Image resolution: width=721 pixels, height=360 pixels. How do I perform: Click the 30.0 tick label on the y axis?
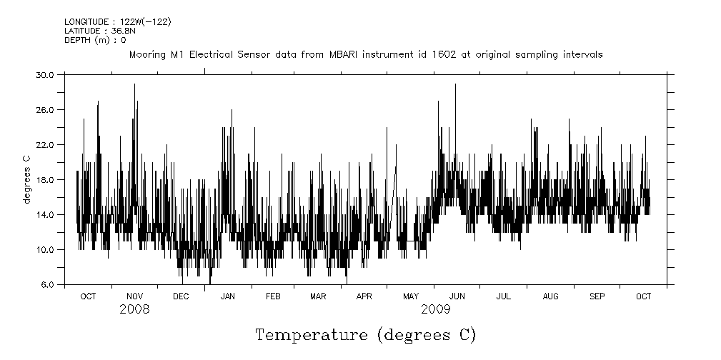[46, 74]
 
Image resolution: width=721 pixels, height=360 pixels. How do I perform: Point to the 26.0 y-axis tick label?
[46, 109]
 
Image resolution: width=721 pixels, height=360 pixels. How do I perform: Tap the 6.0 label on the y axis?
[48, 284]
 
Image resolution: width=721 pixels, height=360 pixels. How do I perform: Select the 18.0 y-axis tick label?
[46, 179]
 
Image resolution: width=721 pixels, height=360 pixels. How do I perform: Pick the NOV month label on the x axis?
[134, 296]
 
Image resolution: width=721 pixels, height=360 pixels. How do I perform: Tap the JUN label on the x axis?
[457, 296]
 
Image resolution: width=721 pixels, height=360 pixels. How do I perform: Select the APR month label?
[364, 296]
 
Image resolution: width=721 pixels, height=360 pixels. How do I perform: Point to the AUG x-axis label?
[550, 296]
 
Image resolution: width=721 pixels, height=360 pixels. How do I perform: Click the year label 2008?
[134, 309]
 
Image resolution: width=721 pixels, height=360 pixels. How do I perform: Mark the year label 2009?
[435, 309]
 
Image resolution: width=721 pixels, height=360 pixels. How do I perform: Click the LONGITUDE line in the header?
[117, 22]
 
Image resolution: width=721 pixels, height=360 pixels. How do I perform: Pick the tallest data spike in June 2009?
[455, 84]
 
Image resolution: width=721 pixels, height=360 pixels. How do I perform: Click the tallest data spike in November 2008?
[134, 84]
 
